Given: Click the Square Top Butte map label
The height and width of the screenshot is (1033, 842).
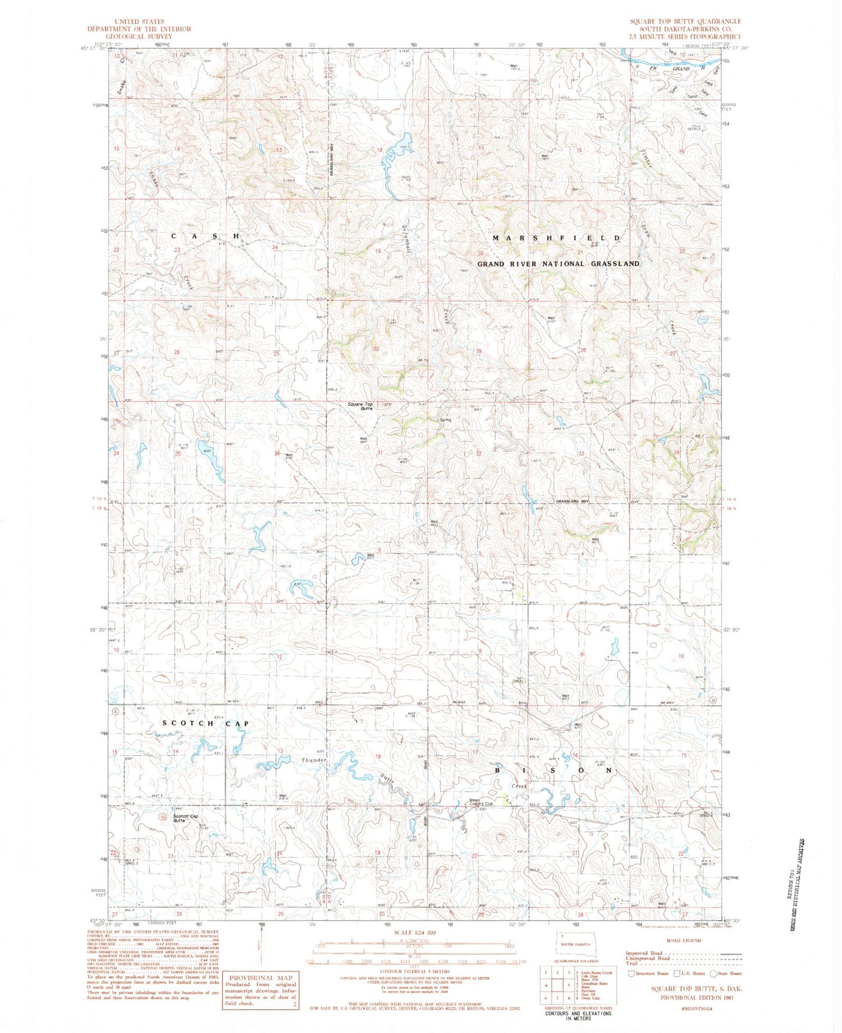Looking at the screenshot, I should point(360,406).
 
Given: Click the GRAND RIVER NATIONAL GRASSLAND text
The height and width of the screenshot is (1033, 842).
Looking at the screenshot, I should point(558,264).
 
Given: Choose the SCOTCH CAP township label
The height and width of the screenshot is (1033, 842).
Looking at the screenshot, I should point(206,723).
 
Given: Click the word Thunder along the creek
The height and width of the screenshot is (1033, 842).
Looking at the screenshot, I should point(314,760).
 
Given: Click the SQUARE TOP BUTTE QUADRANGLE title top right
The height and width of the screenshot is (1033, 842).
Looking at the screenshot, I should point(685,22).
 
